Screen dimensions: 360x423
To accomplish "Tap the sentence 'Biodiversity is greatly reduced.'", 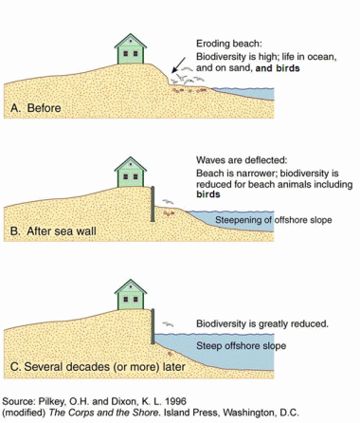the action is pyautogui.click(x=261, y=323).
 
